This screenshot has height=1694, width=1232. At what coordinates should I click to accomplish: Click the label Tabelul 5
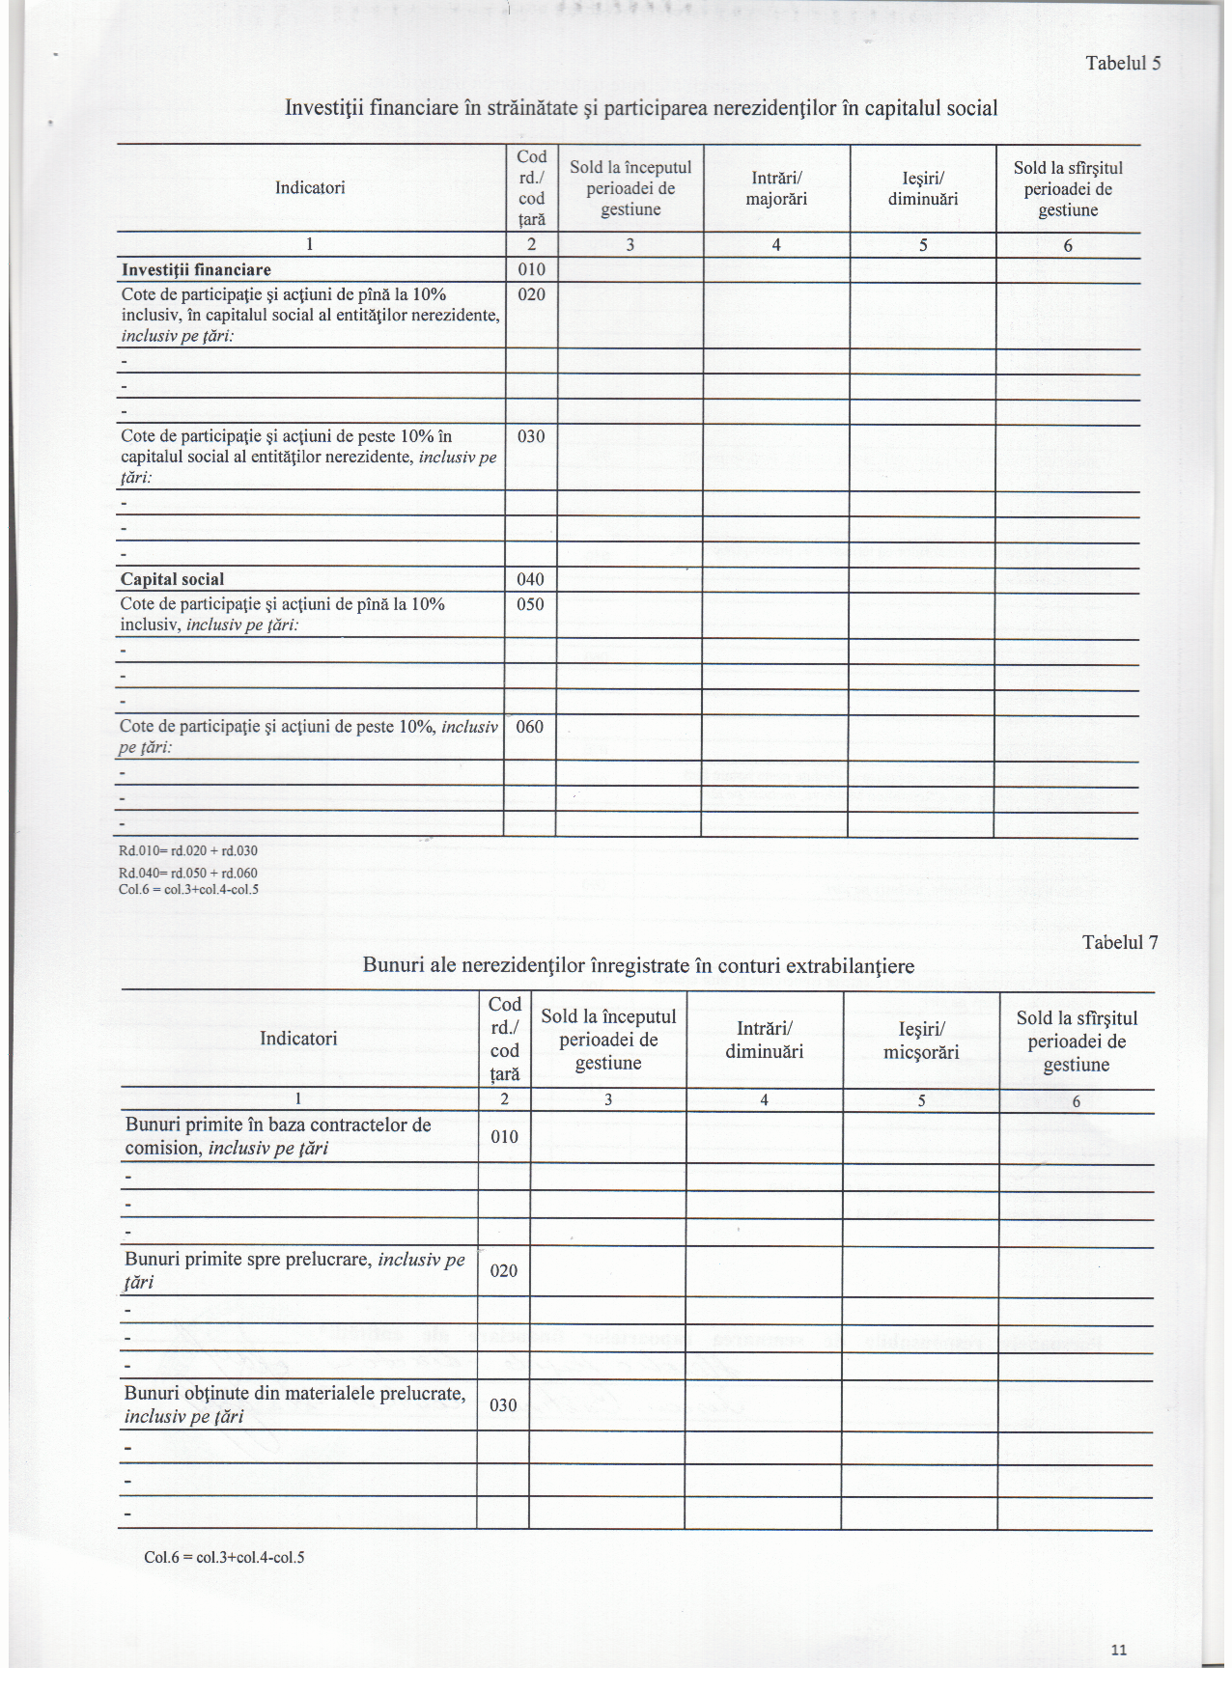coord(1122,64)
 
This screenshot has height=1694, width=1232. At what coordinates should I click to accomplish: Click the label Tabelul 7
coord(1119,943)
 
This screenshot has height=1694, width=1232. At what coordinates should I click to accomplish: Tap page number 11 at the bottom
coord(1119,1650)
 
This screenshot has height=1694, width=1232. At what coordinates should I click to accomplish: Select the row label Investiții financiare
coord(196,270)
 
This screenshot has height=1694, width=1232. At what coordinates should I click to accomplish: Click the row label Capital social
coord(172,579)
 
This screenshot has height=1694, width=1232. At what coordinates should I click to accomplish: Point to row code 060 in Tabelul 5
coord(530,727)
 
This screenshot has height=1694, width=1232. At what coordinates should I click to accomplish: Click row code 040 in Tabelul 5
coord(531,579)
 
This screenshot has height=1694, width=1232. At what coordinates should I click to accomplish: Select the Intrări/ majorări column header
coord(776,188)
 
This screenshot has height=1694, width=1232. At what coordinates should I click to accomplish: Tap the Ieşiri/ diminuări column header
coord(923,188)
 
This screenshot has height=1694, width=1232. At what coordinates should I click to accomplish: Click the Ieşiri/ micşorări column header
coord(921,1041)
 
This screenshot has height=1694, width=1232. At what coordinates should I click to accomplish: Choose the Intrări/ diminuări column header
coord(764,1041)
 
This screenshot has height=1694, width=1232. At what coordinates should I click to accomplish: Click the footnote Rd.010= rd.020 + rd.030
coord(188,851)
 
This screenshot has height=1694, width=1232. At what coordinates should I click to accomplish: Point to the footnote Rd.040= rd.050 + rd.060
coord(188,873)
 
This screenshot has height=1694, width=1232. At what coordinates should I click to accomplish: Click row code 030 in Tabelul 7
coord(503,1405)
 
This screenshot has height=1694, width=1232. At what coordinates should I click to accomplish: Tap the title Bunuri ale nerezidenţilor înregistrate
coord(638,965)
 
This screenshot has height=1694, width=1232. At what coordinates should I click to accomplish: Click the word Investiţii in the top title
coord(322,108)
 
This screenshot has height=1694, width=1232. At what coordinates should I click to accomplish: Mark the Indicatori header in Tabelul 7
coord(298,1039)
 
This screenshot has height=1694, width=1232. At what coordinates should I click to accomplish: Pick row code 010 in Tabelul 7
coord(504,1137)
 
